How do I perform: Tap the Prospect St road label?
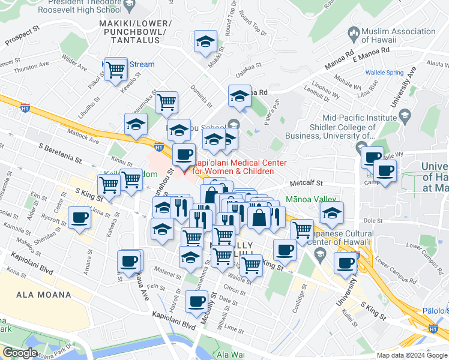point(22,36)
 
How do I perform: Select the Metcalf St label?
point(306,183)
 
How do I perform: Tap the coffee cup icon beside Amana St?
point(79,218)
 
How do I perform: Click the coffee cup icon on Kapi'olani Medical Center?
point(184,155)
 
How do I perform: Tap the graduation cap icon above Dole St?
point(331,212)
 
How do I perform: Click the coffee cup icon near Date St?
point(196,301)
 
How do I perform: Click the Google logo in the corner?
point(20,353)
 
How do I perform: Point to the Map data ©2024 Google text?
point(411,355)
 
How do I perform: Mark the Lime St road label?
point(233,330)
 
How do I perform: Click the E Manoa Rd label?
point(372,54)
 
